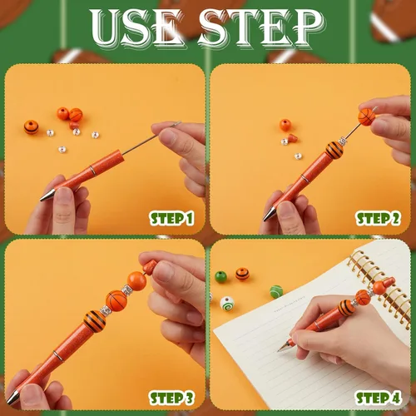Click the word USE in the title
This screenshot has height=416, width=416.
pos(136,27)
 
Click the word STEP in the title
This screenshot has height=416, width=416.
pos(261,27)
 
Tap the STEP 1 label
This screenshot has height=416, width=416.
pos(171,219)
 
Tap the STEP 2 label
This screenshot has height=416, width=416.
pos(378,219)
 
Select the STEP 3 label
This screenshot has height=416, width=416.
pos(171,399)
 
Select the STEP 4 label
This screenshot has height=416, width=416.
pos(378,399)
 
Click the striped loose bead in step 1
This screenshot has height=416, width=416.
pos(31,127)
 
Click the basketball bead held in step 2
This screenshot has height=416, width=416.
pos(367,116)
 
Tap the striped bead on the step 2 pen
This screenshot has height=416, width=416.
pos(334,150)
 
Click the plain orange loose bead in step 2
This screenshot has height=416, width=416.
pos(285,125)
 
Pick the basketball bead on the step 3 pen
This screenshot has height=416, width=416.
pos(116,301)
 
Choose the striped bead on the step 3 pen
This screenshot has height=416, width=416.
pos(95,322)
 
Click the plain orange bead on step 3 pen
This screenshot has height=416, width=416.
pos(136,281)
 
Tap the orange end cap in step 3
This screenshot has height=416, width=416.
pos(149,268)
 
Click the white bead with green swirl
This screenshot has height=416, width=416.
pos(227,304)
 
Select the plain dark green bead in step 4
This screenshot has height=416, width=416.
pos(220,277)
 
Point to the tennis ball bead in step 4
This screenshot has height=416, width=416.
pos(276,292)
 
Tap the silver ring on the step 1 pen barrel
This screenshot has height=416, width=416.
pos(92,171)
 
